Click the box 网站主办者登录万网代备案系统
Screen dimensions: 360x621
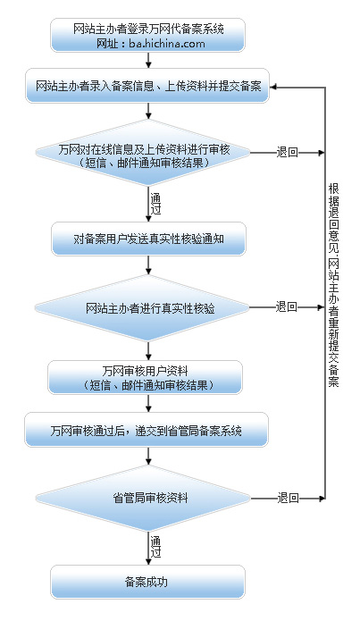pos(147,35)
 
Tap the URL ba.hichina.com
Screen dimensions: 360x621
pos(167,43)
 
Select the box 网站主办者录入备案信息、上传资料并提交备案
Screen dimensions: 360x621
pos(147,86)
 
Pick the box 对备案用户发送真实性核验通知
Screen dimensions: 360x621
pos(148,239)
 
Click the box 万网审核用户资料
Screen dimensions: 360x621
pos(145,377)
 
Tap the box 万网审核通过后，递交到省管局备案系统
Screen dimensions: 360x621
pos(147,430)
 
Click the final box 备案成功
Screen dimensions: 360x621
pos(147,582)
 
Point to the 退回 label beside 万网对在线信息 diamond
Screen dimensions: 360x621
pos(287,153)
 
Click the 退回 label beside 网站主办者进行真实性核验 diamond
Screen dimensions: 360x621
pos(287,307)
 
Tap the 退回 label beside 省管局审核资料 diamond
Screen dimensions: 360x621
pos(288,498)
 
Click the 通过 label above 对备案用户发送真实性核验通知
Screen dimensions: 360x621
pos(155,203)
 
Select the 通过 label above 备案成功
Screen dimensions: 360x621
pos(155,547)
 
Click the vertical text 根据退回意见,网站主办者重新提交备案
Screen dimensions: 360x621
pos(333,284)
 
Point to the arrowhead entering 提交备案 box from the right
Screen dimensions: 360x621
pos(274,88)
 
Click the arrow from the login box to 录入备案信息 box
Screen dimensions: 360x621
pos(148,60)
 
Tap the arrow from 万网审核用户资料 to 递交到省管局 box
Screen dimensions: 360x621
pos(148,403)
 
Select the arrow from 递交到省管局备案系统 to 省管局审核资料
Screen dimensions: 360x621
pos(148,456)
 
